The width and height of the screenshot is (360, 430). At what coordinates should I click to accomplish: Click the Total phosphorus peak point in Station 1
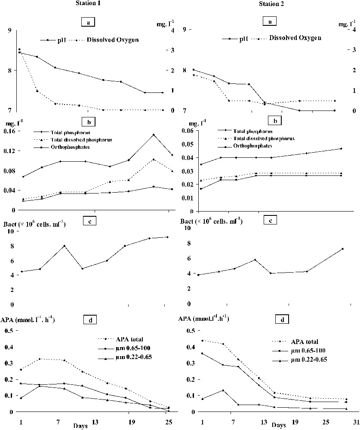click(153, 135)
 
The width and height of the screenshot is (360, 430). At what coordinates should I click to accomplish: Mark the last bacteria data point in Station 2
click(342, 249)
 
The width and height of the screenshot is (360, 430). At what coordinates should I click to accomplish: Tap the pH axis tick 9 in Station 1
click(9, 30)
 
